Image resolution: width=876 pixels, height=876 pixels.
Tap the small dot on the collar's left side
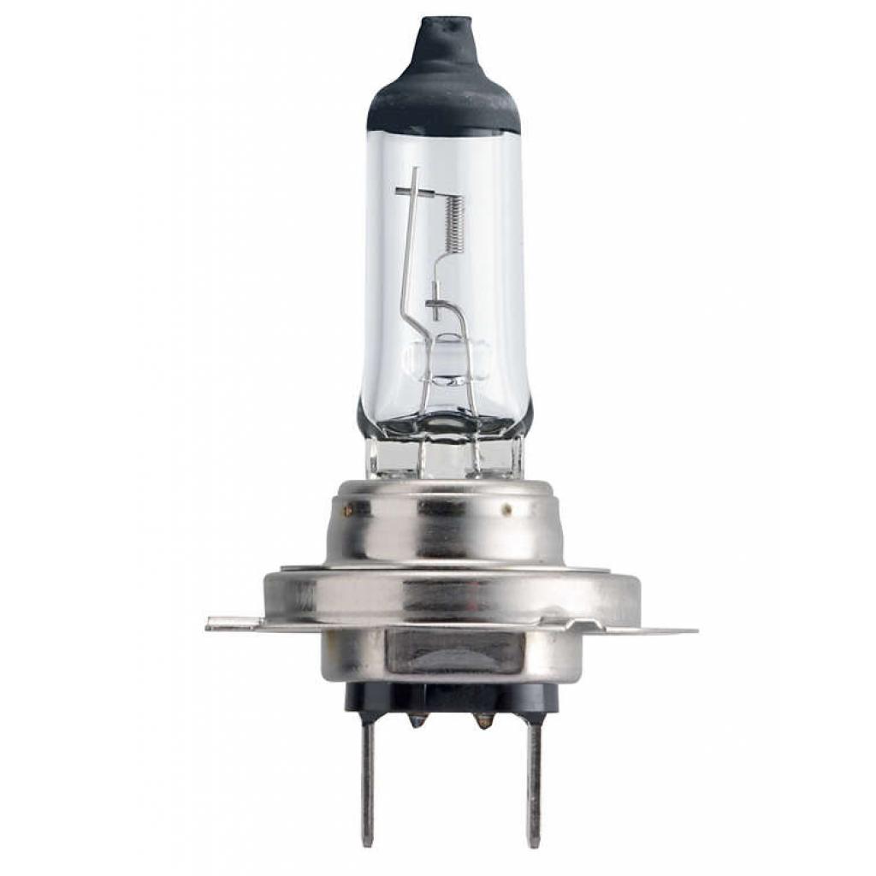tap(348, 511)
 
